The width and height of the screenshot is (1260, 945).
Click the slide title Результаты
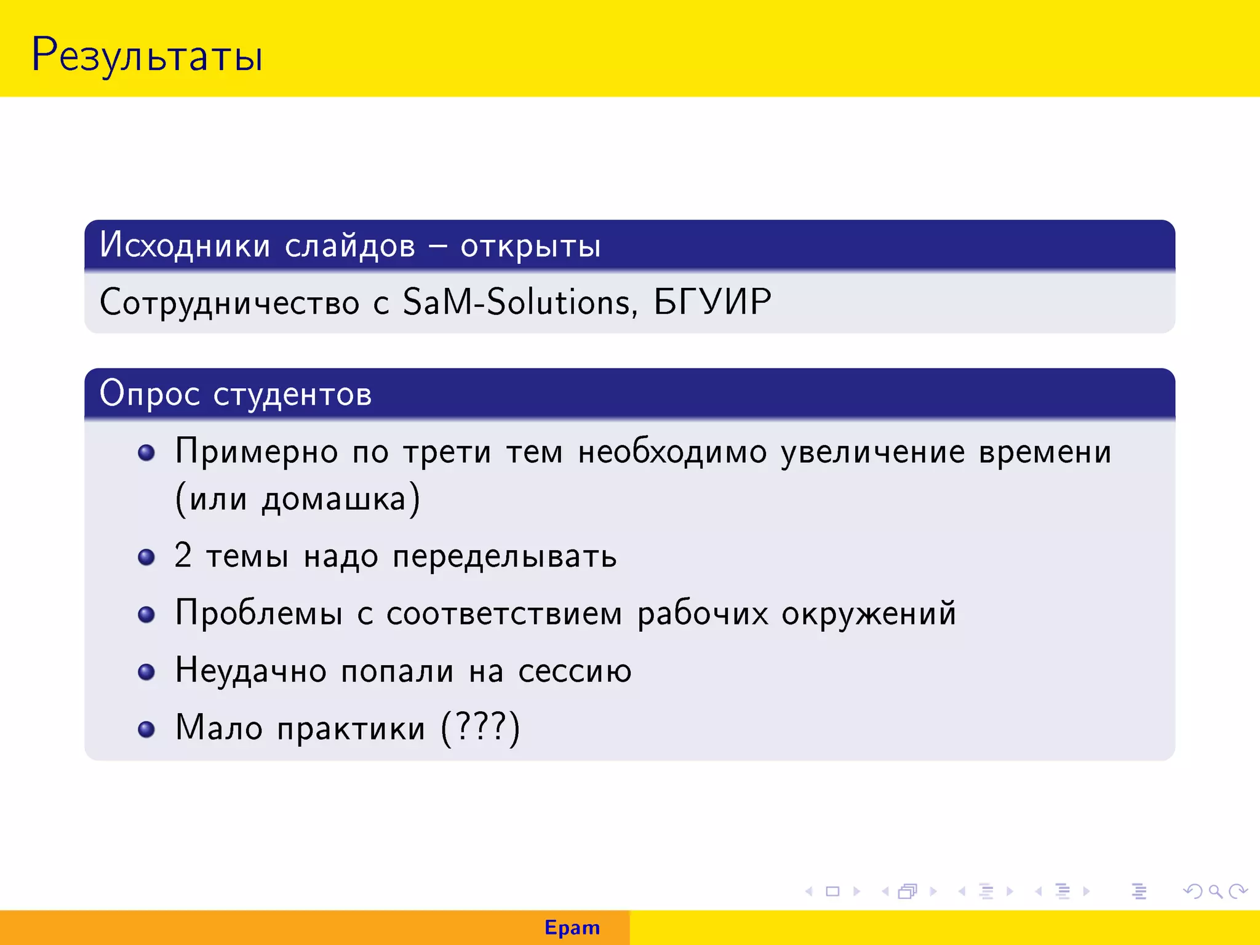pyautogui.click(x=146, y=55)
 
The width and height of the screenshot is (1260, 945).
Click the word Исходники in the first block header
pyautogui.click(x=185, y=245)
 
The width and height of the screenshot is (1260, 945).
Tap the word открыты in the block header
pyautogui.click(x=530, y=246)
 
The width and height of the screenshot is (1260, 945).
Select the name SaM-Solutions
pyautogui.click(x=517, y=302)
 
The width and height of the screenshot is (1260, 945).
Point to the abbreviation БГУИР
pyautogui.click(x=712, y=302)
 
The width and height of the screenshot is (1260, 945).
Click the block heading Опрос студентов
pyautogui.click(x=236, y=394)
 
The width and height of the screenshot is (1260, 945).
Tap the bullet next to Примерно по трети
pyautogui.click(x=146, y=453)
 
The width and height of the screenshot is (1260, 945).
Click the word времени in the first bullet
pyautogui.click(x=1045, y=452)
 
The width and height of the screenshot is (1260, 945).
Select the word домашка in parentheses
pyautogui.click(x=334, y=500)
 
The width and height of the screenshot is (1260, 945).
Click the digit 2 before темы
pyautogui.click(x=183, y=556)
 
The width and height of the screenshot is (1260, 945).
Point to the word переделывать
pyautogui.click(x=504, y=557)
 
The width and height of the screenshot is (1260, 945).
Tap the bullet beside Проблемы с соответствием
pyautogui.click(x=146, y=614)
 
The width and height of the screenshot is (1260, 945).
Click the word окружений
pyautogui.click(x=868, y=614)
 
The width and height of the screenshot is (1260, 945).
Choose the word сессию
pyautogui.click(x=575, y=671)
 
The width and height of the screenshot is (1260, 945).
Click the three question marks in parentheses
pyautogui.click(x=481, y=727)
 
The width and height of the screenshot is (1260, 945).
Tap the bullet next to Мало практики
pyautogui.click(x=146, y=729)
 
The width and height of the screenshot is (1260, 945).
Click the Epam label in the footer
pyautogui.click(x=572, y=928)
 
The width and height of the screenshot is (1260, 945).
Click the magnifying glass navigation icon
pyautogui.click(x=1214, y=891)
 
